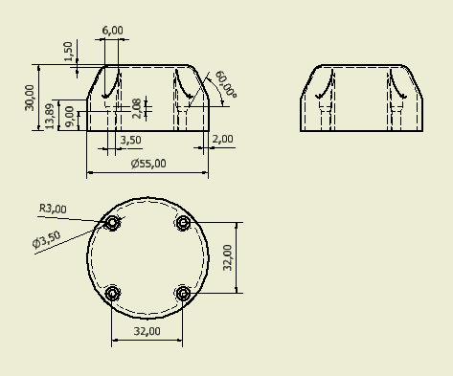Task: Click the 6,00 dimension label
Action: (x=112, y=31)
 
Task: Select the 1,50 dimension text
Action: (x=68, y=52)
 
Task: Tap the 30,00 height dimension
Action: (x=29, y=98)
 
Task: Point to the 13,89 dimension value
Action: (x=50, y=116)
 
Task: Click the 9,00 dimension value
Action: (x=69, y=117)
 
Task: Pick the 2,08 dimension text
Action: (x=136, y=108)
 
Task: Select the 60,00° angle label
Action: (x=226, y=84)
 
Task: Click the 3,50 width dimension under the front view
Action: (x=130, y=140)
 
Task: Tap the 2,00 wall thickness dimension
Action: (x=222, y=139)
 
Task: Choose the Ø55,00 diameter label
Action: (x=148, y=164)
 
